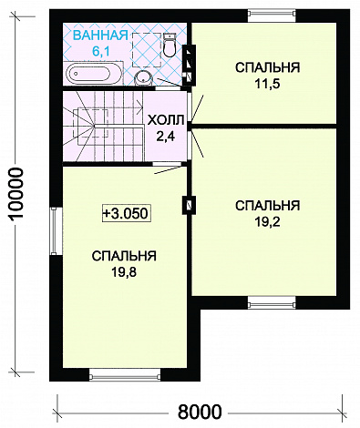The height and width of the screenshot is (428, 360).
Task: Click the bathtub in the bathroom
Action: [89, 74]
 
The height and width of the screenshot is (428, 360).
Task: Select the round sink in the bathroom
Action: [143, 79]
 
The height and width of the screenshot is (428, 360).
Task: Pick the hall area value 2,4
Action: [165, 137]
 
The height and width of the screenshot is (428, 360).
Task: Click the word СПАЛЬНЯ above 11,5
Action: [267, 68]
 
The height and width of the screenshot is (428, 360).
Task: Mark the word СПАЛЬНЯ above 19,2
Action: [267, 205]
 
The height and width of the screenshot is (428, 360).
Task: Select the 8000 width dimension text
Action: [199, 412]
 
